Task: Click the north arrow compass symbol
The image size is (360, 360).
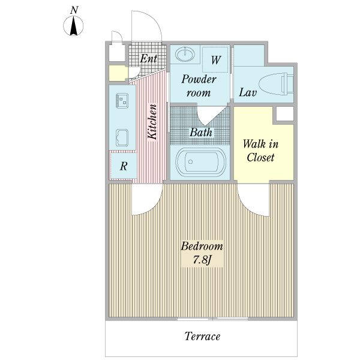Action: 73,26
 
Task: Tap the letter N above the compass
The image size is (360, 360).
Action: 74,10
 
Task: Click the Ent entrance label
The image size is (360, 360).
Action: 148,59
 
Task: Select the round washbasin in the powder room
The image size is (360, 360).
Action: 185,55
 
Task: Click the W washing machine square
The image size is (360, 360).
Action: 215,59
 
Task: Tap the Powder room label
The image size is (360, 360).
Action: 199,86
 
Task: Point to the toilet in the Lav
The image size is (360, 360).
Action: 276,84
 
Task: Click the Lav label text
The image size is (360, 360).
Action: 248,92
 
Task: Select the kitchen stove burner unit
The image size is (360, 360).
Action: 122,101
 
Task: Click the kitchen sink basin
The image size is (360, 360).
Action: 122,137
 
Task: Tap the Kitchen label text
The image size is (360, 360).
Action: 152,122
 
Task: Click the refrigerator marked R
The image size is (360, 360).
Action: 124,166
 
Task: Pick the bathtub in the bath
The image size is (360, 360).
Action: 200,162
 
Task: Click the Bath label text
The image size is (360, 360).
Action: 201,132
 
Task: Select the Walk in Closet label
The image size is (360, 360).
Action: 260,151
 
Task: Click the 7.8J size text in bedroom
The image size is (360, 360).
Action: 202,260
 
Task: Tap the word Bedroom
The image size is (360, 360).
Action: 202,246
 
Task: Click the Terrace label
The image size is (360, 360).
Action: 203,337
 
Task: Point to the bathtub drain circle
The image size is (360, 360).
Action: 190,162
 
